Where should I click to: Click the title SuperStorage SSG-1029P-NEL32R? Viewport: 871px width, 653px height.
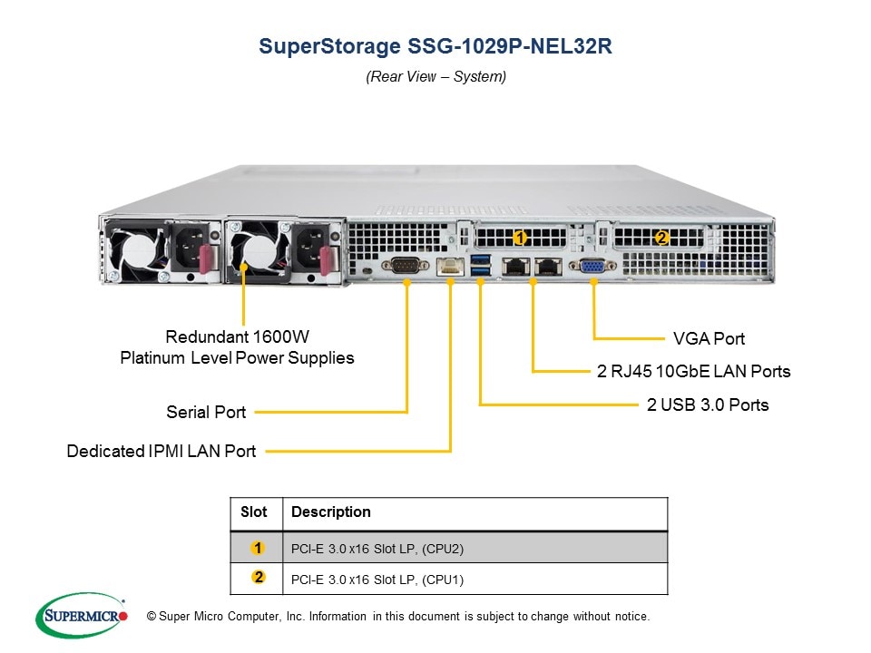pyautogui.click(x=435, y=47)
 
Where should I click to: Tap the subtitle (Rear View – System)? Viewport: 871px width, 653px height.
pyautogui.click(x=435, y=77)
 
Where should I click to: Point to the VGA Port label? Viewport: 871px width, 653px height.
pyautogui.click(x=709, y=339)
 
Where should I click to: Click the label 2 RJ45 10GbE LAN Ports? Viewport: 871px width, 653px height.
pyautogui.click(x=693, y=372)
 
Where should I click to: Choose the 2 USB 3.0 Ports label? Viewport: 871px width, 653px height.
pyautogui.click(x=708, y=405)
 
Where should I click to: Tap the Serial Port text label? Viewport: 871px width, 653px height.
pyautogui.click(x=206, y=413)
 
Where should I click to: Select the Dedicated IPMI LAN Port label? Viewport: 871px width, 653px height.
pyautogui.click(x=161, y=451)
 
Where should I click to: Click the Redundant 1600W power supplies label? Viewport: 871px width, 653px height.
pyautogui.click(x=237, y=347)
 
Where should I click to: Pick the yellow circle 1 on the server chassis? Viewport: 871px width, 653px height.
pyautogui.click(x=520, y=238)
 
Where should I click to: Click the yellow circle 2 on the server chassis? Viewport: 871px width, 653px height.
pyautogui.click(x=661, y=238)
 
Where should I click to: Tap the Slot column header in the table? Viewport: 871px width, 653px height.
pyautogui.click(x=254, y=512)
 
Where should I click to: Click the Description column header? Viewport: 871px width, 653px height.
pyautogui.click(x=331, y=512)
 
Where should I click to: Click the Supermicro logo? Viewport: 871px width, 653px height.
pyautogui.click(x=82, y=616)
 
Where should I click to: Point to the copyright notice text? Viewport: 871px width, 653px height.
pyautogui.click(x=398, y=617)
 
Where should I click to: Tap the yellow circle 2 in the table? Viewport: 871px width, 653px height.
pyautogui.click(x=259, y=578)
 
